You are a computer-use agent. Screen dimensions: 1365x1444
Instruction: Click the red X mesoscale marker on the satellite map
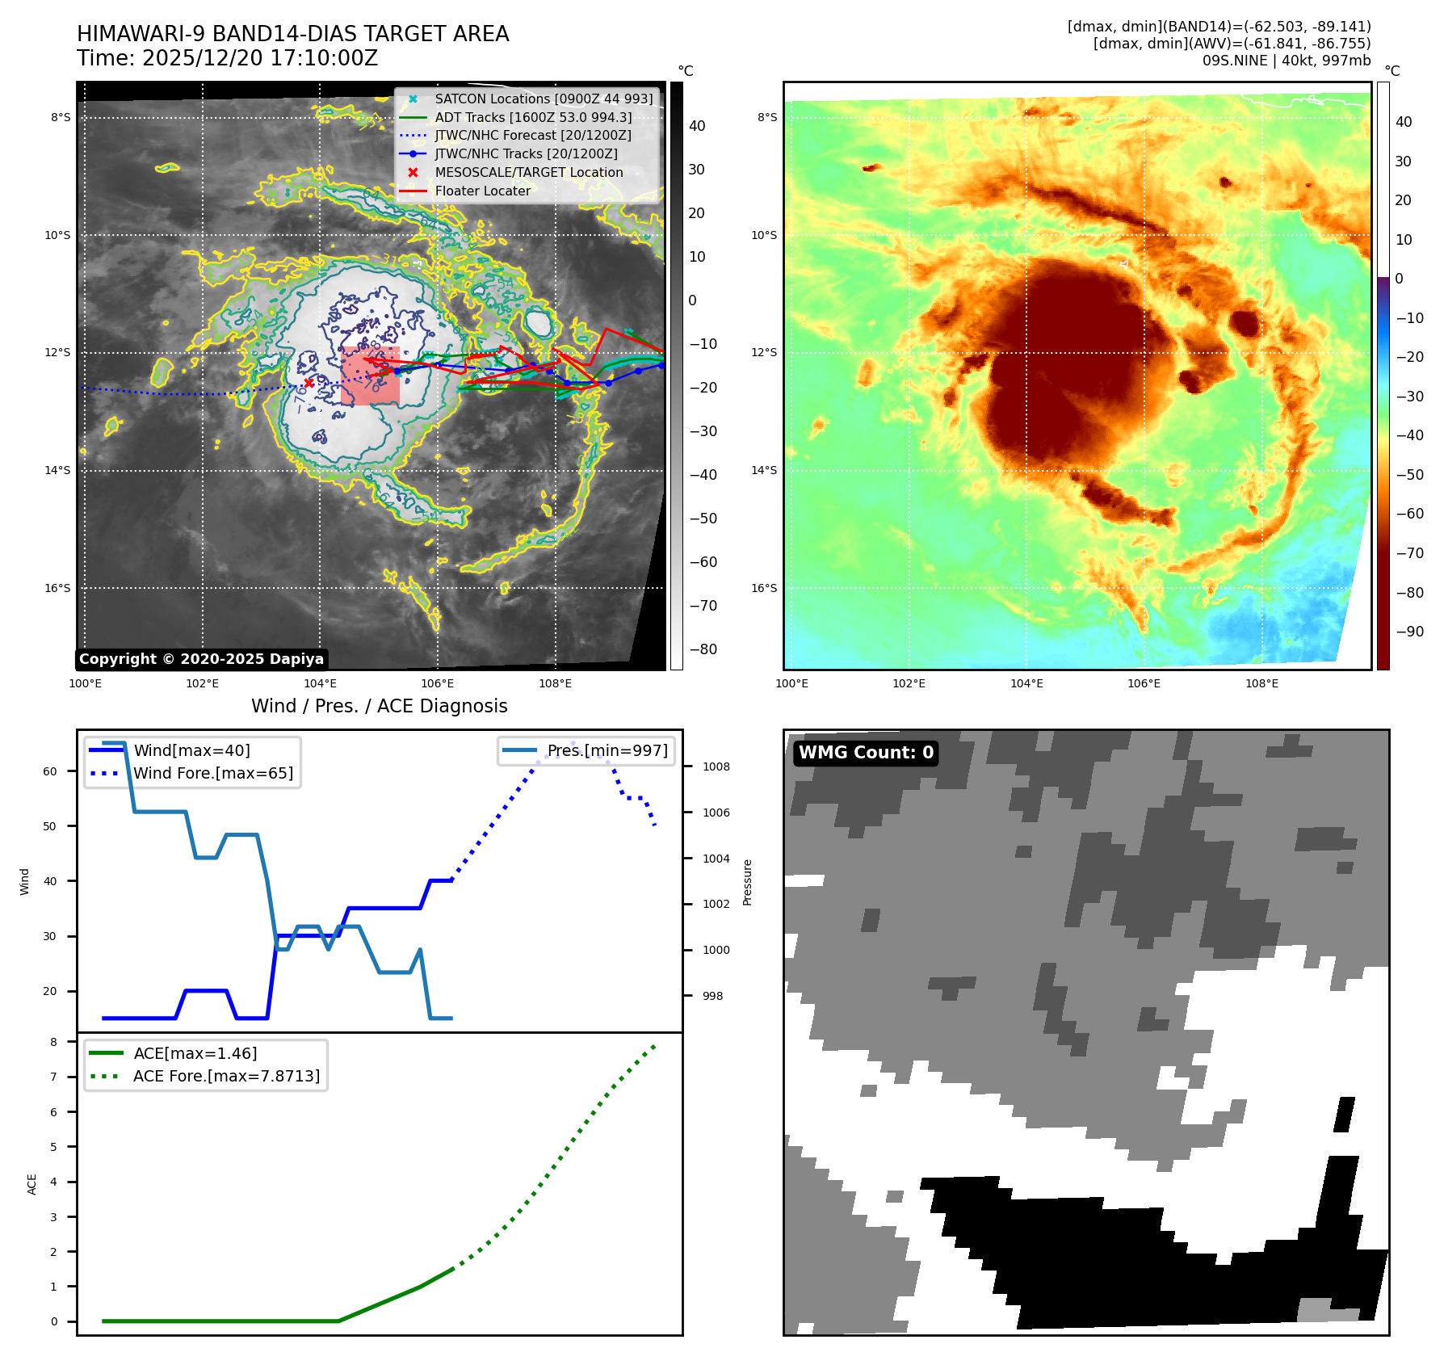[x=309, y=383]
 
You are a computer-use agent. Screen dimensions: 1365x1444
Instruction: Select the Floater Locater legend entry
[x=482, y=191]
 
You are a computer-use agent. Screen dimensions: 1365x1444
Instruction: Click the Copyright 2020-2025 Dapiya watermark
[x=201, y=659]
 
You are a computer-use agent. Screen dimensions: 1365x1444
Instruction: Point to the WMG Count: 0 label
[x=866, y=753]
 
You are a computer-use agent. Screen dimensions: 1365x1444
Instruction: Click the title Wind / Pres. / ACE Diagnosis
[x=379, y=706]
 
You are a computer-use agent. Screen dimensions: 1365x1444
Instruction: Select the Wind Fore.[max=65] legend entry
[x=213, y=773]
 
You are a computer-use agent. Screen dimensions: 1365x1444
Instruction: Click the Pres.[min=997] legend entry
[x=607, y=750]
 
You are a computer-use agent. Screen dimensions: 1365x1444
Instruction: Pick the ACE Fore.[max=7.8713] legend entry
[x=226, y=1076]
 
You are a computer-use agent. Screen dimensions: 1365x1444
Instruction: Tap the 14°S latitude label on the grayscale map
[x=57, y=470]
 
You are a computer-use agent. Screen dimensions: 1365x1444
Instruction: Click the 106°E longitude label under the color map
[x=1144, y=683]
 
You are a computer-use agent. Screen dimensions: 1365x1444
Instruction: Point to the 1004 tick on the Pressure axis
[x=716, y=859]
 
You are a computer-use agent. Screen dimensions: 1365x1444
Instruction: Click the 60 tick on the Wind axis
[x=50, y=771]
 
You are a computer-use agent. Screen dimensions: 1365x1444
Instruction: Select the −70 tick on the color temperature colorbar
[x=1410, y=553]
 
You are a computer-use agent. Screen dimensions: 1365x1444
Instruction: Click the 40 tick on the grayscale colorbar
[x=697, y=126]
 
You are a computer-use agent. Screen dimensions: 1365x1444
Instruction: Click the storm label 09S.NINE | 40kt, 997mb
[x=1286, y=61]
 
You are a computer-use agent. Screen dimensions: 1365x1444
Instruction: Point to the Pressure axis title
[x=747, y=882]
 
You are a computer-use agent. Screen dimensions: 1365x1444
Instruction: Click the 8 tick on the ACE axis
[x=54, y=1042]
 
